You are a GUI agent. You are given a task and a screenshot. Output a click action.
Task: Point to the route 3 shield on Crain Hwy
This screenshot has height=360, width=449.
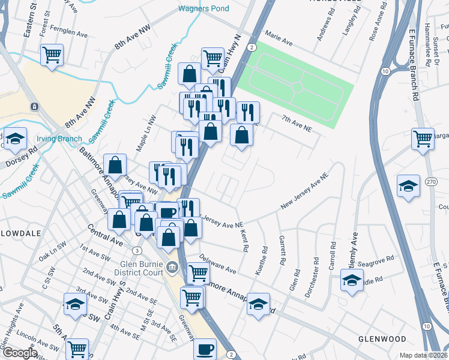(138, 250)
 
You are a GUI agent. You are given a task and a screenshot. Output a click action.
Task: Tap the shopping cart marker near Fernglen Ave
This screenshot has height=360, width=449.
(52, 55)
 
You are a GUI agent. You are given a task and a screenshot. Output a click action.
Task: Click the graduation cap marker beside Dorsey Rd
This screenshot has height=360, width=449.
(15, 138)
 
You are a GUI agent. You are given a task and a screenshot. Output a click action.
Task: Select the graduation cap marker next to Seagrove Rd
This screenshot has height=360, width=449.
(352, 280)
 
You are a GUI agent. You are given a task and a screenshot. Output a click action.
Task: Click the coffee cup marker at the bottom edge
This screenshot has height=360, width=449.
(205, 348)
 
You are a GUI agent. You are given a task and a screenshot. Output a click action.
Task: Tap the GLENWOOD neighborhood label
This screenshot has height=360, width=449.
(382, 339)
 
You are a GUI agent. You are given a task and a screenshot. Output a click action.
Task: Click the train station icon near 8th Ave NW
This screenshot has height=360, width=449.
(35, 106)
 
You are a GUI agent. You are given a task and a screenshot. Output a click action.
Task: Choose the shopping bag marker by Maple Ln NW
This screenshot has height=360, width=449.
(115, 164)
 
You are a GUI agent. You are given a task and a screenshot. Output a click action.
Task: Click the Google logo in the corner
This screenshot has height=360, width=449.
(19, 353)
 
